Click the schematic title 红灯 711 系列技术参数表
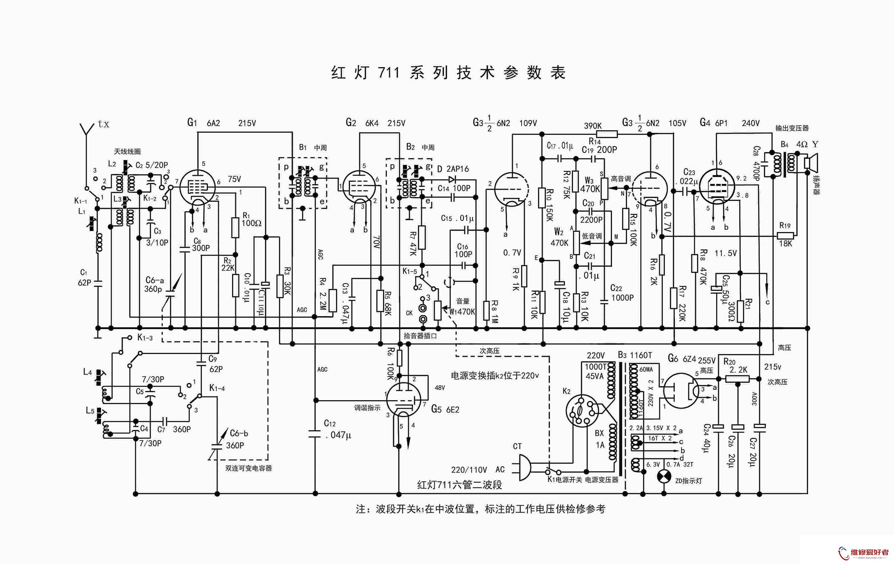click(448, 73)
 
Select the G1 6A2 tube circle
click(198, 187)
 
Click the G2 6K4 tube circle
click(359, 187)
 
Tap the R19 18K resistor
click(785, 235)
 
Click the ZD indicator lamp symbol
click(664, 476)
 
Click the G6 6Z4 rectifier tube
click(681, 391)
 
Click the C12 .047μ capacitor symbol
click(315, 433)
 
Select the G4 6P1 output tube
click(717, 186)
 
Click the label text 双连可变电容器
click(249, 468)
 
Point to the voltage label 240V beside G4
click(751, 123)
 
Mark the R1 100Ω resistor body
click(235, 227)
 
